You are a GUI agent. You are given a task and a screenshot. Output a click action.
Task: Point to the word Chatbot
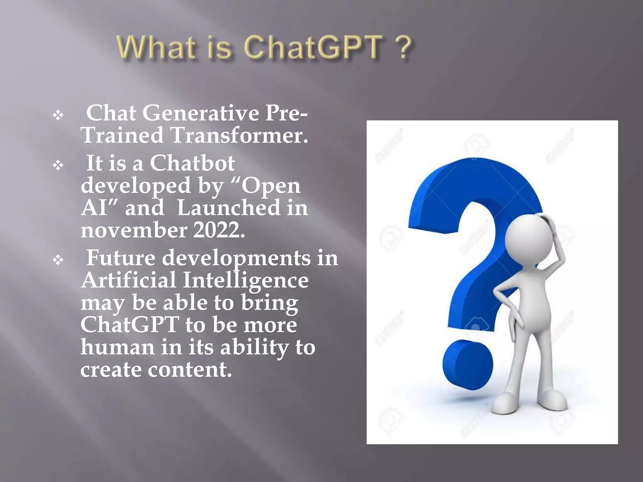192,163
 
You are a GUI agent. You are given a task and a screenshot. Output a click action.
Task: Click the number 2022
219,230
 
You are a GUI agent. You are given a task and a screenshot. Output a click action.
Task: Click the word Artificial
128,280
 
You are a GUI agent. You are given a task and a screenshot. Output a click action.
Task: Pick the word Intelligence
246,280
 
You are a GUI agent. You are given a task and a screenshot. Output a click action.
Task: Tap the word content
190,370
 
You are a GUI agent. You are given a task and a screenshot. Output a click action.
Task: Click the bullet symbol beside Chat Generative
58,115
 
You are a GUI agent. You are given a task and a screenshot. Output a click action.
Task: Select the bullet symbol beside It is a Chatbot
58,165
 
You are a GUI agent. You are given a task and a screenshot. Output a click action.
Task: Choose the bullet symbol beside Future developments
58,260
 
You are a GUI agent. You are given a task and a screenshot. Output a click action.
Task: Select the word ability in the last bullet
254,347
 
